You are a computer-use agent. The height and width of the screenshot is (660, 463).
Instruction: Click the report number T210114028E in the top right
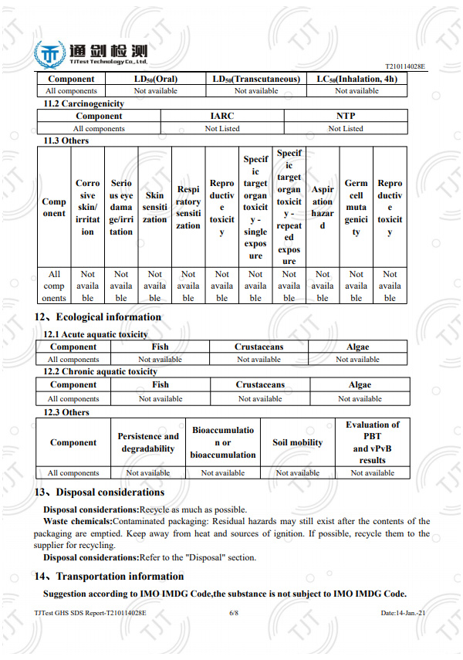pos(404,68)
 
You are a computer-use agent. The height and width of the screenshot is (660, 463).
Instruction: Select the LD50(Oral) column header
pos(155,79)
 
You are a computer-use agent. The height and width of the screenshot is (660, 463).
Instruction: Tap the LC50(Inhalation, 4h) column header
pos(357,79)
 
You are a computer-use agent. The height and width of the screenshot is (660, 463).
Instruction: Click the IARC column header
pos(222,116)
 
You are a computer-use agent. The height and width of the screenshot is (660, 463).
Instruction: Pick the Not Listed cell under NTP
pos(346,129)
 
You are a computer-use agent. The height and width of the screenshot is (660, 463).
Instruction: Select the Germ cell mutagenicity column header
pos(356,208)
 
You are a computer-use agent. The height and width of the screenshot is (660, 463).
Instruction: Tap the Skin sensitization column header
pos(154,208)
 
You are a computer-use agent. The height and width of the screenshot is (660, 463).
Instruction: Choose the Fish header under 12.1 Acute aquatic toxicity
pos(160,347)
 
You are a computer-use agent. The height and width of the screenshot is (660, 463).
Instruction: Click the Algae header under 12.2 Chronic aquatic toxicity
pos(360,384)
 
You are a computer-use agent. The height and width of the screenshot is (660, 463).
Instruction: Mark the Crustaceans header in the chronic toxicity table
pos(260,384)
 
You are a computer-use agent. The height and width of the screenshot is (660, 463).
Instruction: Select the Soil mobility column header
pos(298,443)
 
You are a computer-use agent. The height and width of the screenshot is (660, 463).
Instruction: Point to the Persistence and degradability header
pos(148,443)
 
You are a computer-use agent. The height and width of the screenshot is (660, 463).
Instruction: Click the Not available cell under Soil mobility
pos(298,473)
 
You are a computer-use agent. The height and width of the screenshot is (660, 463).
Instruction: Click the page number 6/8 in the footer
pos(234,612)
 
